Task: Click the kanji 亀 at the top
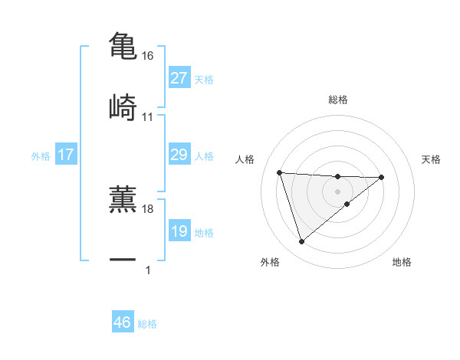click(123, 45)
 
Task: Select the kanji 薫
click(123, 198)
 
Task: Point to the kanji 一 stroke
click(123, 260)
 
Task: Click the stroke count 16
click(148, 56)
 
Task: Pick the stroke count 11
click(148, 117)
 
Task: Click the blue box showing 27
click(179, 78)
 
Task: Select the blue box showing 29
click(179, 155)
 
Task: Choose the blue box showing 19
click(179, 231)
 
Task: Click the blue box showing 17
click(66, 155)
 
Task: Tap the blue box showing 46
click(123, 323)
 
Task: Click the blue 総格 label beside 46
click(147, 324)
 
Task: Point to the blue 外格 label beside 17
click(41, 156)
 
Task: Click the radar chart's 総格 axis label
click(337, 100)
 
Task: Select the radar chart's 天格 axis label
click(432, 159)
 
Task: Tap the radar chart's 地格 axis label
click(402, 262)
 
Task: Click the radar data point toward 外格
click(301, 242)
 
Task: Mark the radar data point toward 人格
click(280, 172)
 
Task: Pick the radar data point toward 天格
click(382, 177)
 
